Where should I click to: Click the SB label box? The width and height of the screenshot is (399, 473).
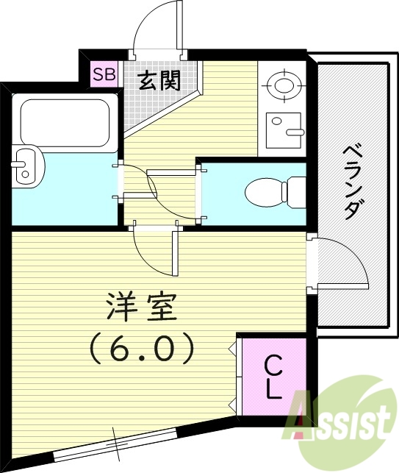[104, 74]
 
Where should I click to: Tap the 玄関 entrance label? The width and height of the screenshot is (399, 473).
[159, 79]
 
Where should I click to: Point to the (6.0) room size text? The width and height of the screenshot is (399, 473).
[143, 347]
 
